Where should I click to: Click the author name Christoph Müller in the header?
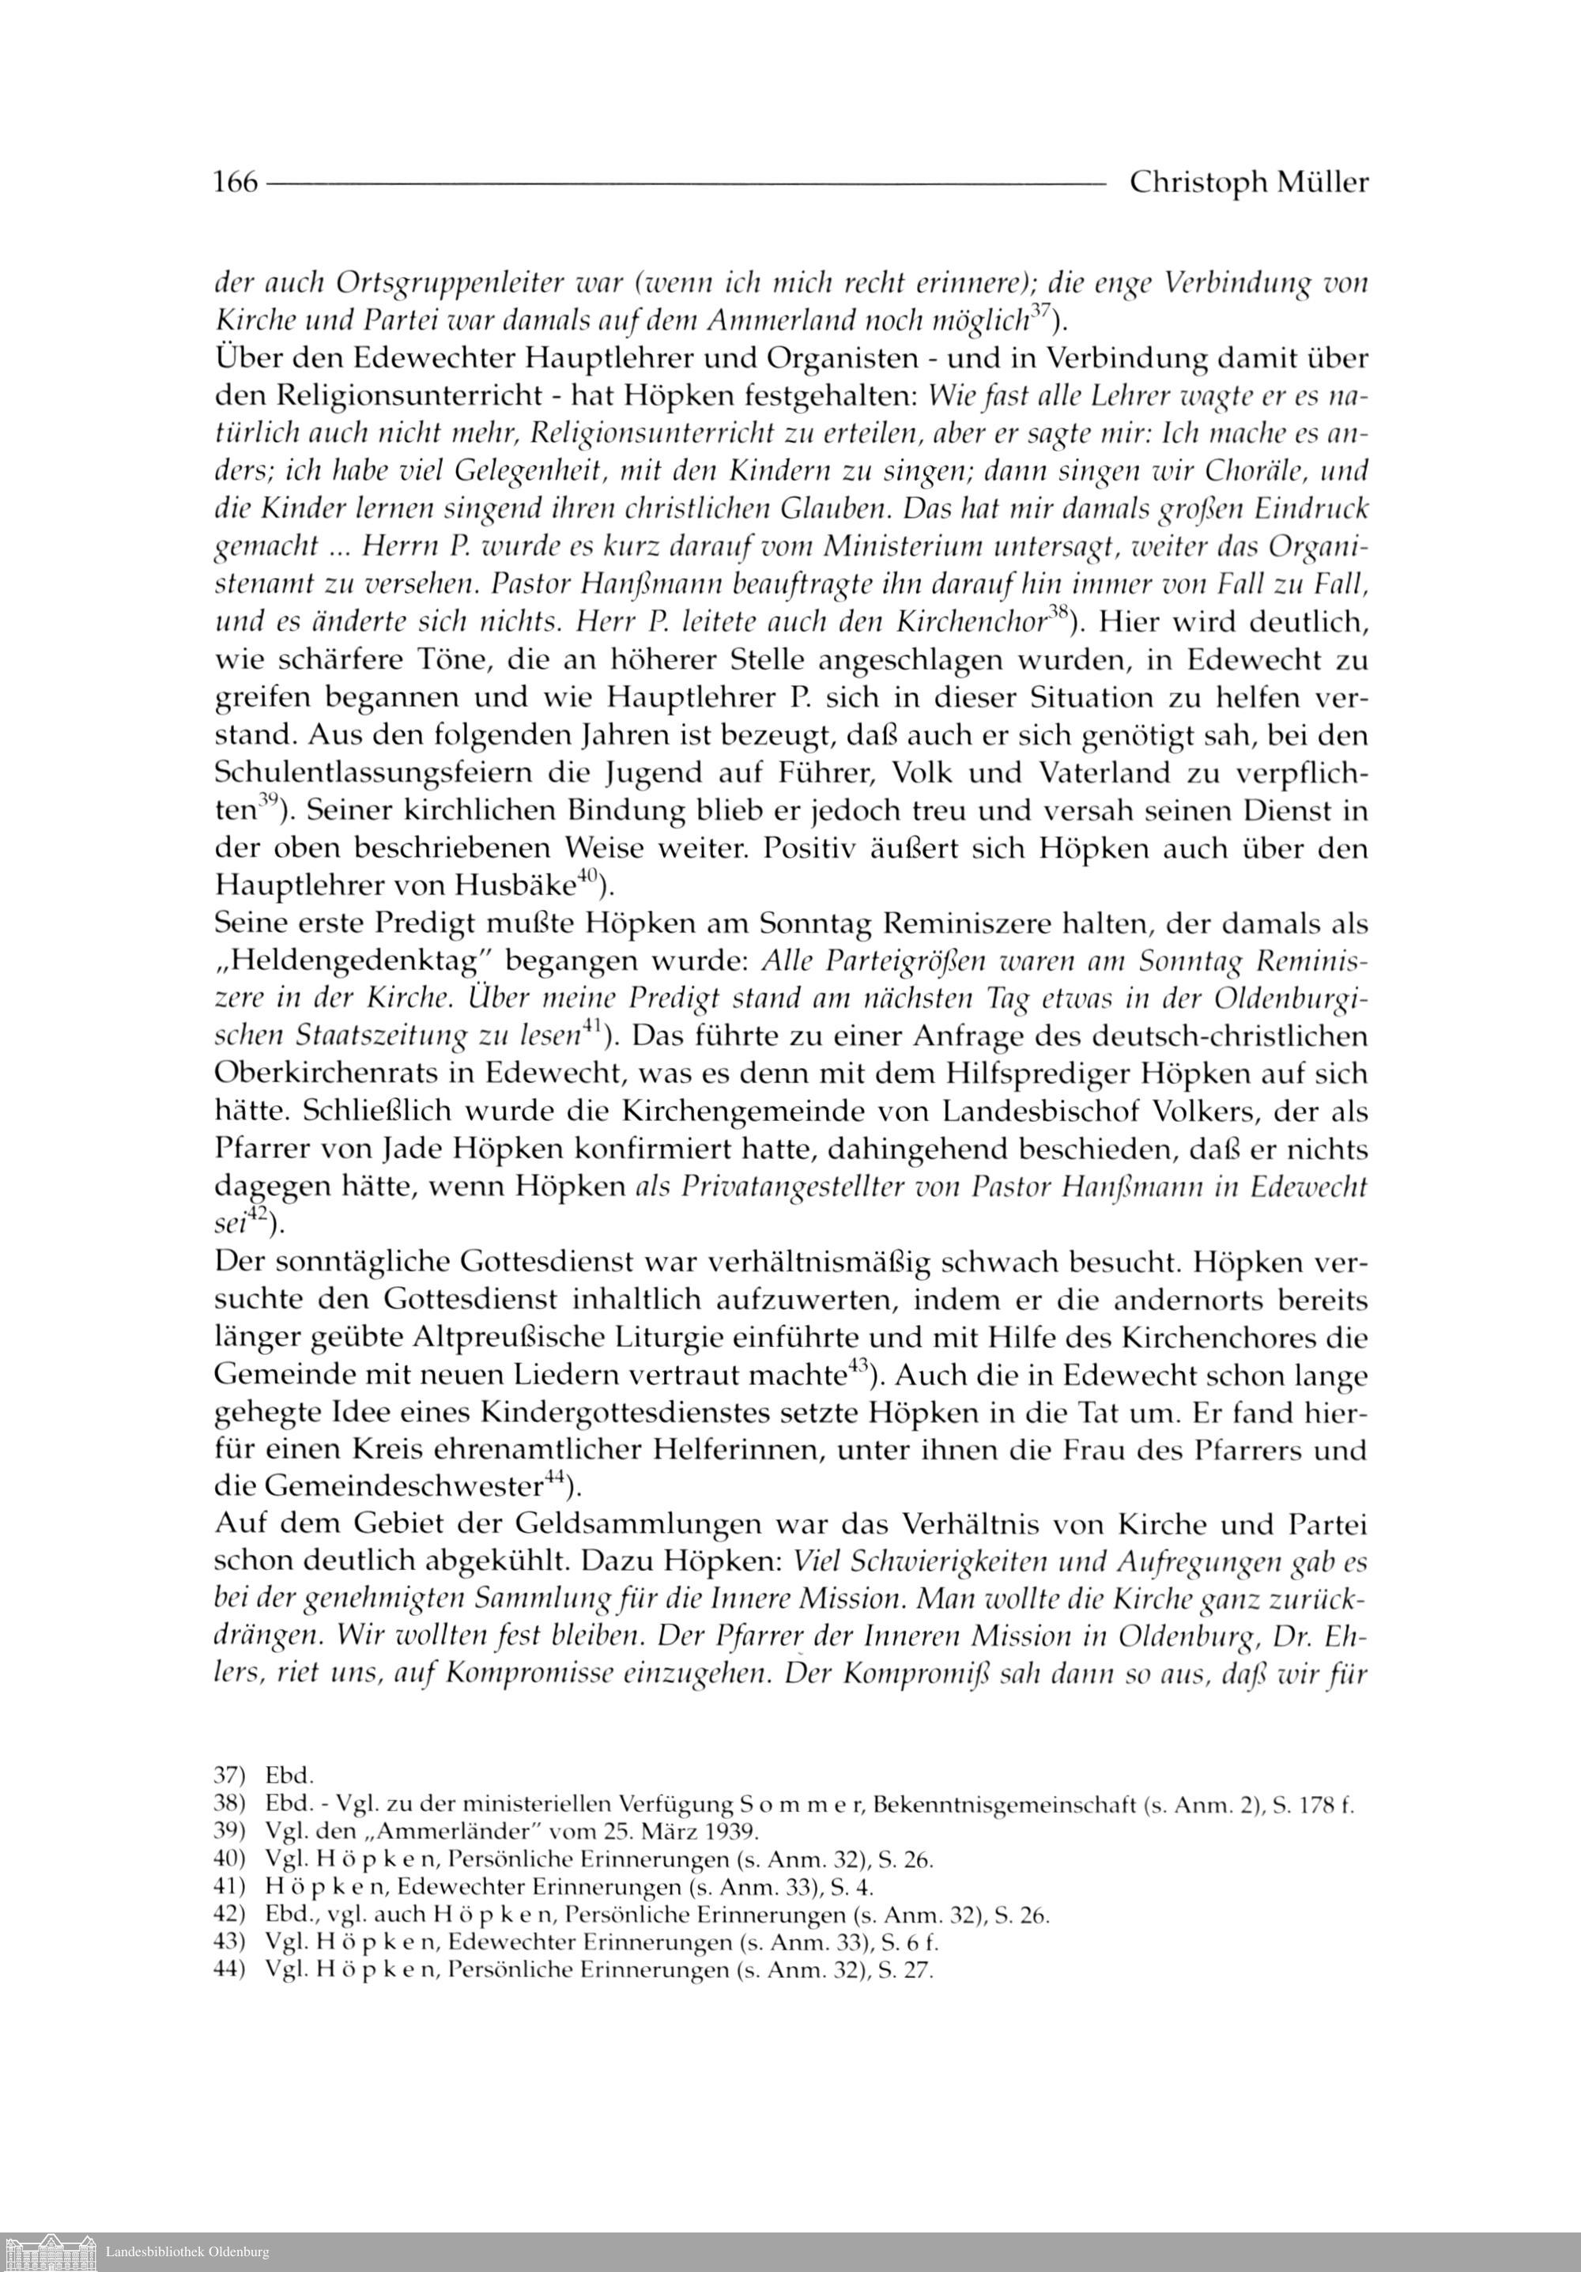click(x=1248, y=184)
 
